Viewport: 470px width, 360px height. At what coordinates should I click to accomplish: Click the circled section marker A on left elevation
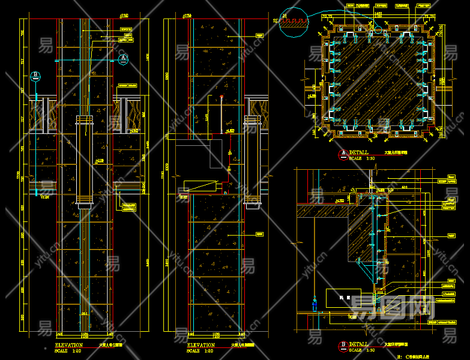click(123, 58)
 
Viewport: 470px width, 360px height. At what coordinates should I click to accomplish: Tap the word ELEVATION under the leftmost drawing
click(69, 345)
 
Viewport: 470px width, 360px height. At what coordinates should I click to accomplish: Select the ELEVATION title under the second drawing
click(201, 345)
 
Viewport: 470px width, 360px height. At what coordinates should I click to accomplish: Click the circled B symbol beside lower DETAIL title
click(343, 344)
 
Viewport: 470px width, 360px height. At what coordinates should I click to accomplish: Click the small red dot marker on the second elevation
click(221, 96)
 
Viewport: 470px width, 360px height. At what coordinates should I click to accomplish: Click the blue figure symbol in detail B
click(313, 303)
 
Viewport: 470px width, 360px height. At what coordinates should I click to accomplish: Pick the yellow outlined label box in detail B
click(340, 298)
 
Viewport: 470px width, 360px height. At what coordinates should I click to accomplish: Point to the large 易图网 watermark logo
click(393, 307)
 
